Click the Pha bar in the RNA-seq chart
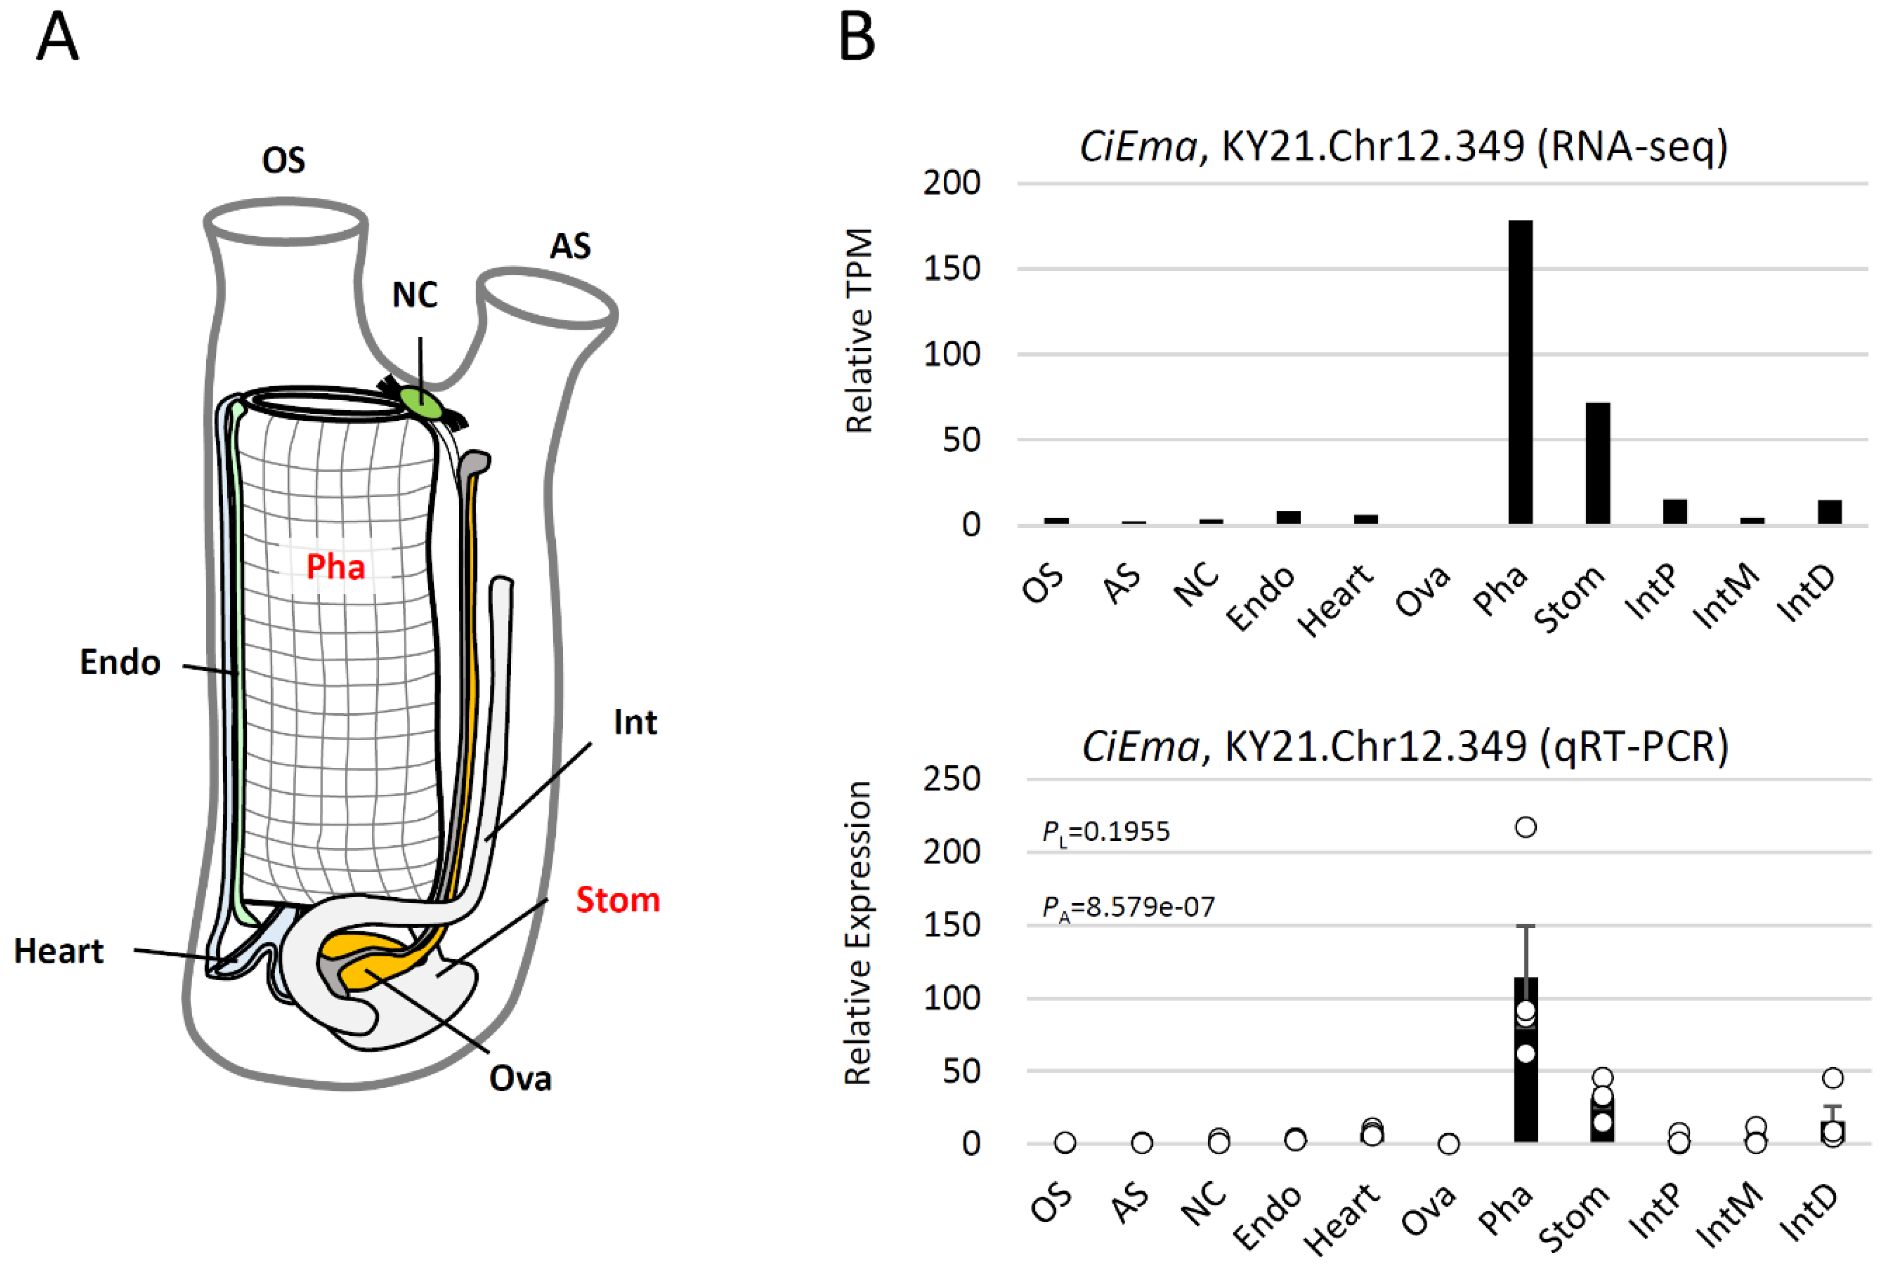[1520, 372]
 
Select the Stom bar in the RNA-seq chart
[1597, 464]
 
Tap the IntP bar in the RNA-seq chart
[1674, 511]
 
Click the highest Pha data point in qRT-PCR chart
[1525, 827]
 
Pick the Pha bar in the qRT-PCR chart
[1525, 1075]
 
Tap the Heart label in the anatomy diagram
[58, 951]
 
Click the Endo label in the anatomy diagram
[120, 662]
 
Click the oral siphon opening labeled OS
[285, 220]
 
